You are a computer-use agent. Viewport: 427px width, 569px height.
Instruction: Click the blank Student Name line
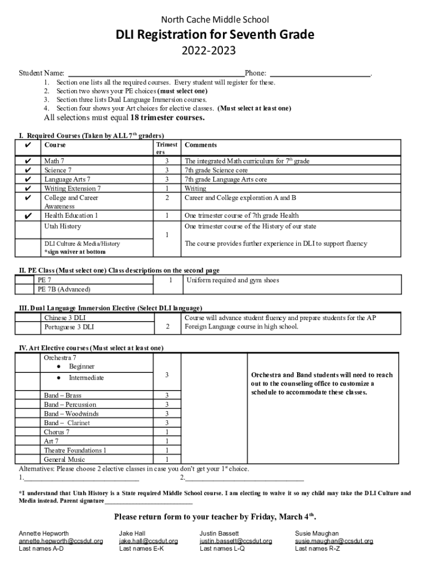tap(155, 73)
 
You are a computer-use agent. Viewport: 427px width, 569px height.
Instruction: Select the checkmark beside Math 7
tap(28, 161)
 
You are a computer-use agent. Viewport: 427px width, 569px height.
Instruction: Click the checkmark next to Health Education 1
tap(28, 216)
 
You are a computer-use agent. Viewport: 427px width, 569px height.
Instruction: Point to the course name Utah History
tap(62, 226)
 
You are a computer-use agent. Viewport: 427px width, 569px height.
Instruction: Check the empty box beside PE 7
tap(25, 281)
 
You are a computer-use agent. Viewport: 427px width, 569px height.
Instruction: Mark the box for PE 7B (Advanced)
tap(25, 290)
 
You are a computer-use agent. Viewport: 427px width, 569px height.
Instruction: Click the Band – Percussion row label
tap(70, 405)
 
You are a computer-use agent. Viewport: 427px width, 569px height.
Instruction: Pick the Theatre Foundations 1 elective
tap(75, 450)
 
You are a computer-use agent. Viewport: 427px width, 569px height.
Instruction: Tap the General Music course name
tap(64, 460)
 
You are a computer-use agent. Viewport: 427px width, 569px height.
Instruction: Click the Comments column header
tap(201, 145)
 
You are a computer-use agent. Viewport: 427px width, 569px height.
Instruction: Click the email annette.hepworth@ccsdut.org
tap(60, 541)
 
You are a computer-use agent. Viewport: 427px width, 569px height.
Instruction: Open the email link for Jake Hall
tap(148, 541)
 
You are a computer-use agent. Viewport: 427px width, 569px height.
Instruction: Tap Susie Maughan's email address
tap(334, 541)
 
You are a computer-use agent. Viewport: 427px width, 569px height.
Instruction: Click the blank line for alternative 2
tap(245, 478)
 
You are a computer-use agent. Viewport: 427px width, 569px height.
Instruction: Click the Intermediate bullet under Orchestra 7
tap(86, 378)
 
